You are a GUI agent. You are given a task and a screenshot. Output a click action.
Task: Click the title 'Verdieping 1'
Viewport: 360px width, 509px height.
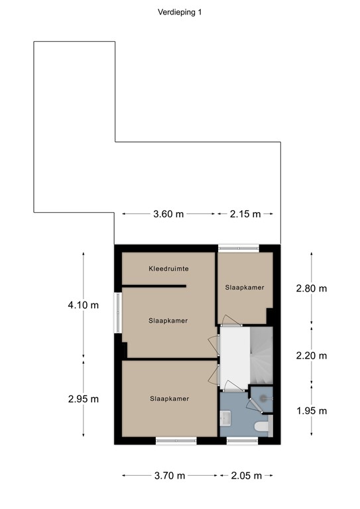coord(180,12)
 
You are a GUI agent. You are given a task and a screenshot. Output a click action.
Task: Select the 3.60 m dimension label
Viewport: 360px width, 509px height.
coord(168,213)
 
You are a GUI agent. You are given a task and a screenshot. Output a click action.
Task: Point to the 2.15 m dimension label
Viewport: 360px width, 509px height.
coord(245,213)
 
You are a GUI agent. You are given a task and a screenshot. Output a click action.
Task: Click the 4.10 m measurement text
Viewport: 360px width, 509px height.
coord(84,306)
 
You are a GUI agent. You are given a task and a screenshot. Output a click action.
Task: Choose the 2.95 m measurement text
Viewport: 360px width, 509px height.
coord(84,398)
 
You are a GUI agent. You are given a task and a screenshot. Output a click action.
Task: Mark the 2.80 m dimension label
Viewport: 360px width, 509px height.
coord(312,288)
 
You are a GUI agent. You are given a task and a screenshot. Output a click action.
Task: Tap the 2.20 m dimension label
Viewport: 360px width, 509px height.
coord(312,355)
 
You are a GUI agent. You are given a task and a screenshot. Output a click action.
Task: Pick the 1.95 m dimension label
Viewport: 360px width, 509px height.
coord(312,410)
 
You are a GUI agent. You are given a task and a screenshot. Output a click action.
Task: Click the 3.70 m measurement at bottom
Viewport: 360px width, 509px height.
coord(168,475)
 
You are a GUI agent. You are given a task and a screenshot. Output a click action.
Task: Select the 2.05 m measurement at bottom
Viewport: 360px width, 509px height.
coord(245,475)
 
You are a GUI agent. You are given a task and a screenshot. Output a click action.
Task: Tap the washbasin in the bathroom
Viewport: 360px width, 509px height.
coord(225,418)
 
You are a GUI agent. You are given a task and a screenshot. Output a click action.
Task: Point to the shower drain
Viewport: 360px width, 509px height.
coord(263,398)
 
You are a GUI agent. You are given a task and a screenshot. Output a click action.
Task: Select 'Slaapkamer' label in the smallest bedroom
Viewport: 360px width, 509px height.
coord(245,288)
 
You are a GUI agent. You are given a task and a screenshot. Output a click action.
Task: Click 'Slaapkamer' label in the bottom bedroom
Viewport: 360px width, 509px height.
coord(170,398)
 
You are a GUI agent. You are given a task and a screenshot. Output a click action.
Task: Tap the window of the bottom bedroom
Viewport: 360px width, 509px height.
coord(176,440)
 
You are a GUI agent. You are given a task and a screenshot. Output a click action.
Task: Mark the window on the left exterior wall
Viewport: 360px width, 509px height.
coord(118,314)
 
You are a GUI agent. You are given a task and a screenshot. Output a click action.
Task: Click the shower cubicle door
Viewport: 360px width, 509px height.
coord(253,405)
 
